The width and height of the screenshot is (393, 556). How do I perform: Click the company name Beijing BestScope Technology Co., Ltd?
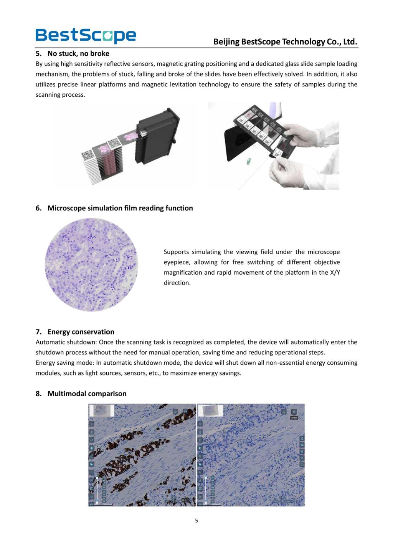coord(285,42)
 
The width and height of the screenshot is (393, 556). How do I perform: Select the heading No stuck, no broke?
coord(78,54)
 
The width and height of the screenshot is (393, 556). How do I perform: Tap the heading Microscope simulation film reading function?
coord(120,208)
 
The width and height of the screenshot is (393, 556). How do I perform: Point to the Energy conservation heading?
coord(81,332)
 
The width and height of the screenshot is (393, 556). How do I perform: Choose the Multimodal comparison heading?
coord(87,394)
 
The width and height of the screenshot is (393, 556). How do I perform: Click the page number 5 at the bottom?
coord(196,521)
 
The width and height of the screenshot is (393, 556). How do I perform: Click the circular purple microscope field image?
coord(91,265)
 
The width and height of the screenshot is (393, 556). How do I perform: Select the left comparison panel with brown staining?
coord(142,455)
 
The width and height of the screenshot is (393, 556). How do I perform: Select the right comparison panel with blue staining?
coord(251,455)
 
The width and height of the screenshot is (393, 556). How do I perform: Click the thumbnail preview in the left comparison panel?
coord(102,410)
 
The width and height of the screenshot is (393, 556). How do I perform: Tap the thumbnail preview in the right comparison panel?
coord(210,410)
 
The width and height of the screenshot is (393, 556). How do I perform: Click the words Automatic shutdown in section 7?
coord(66,342)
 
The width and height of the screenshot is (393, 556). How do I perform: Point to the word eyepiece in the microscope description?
coord(176,262)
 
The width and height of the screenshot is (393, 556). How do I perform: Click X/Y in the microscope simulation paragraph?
coord(335,273)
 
